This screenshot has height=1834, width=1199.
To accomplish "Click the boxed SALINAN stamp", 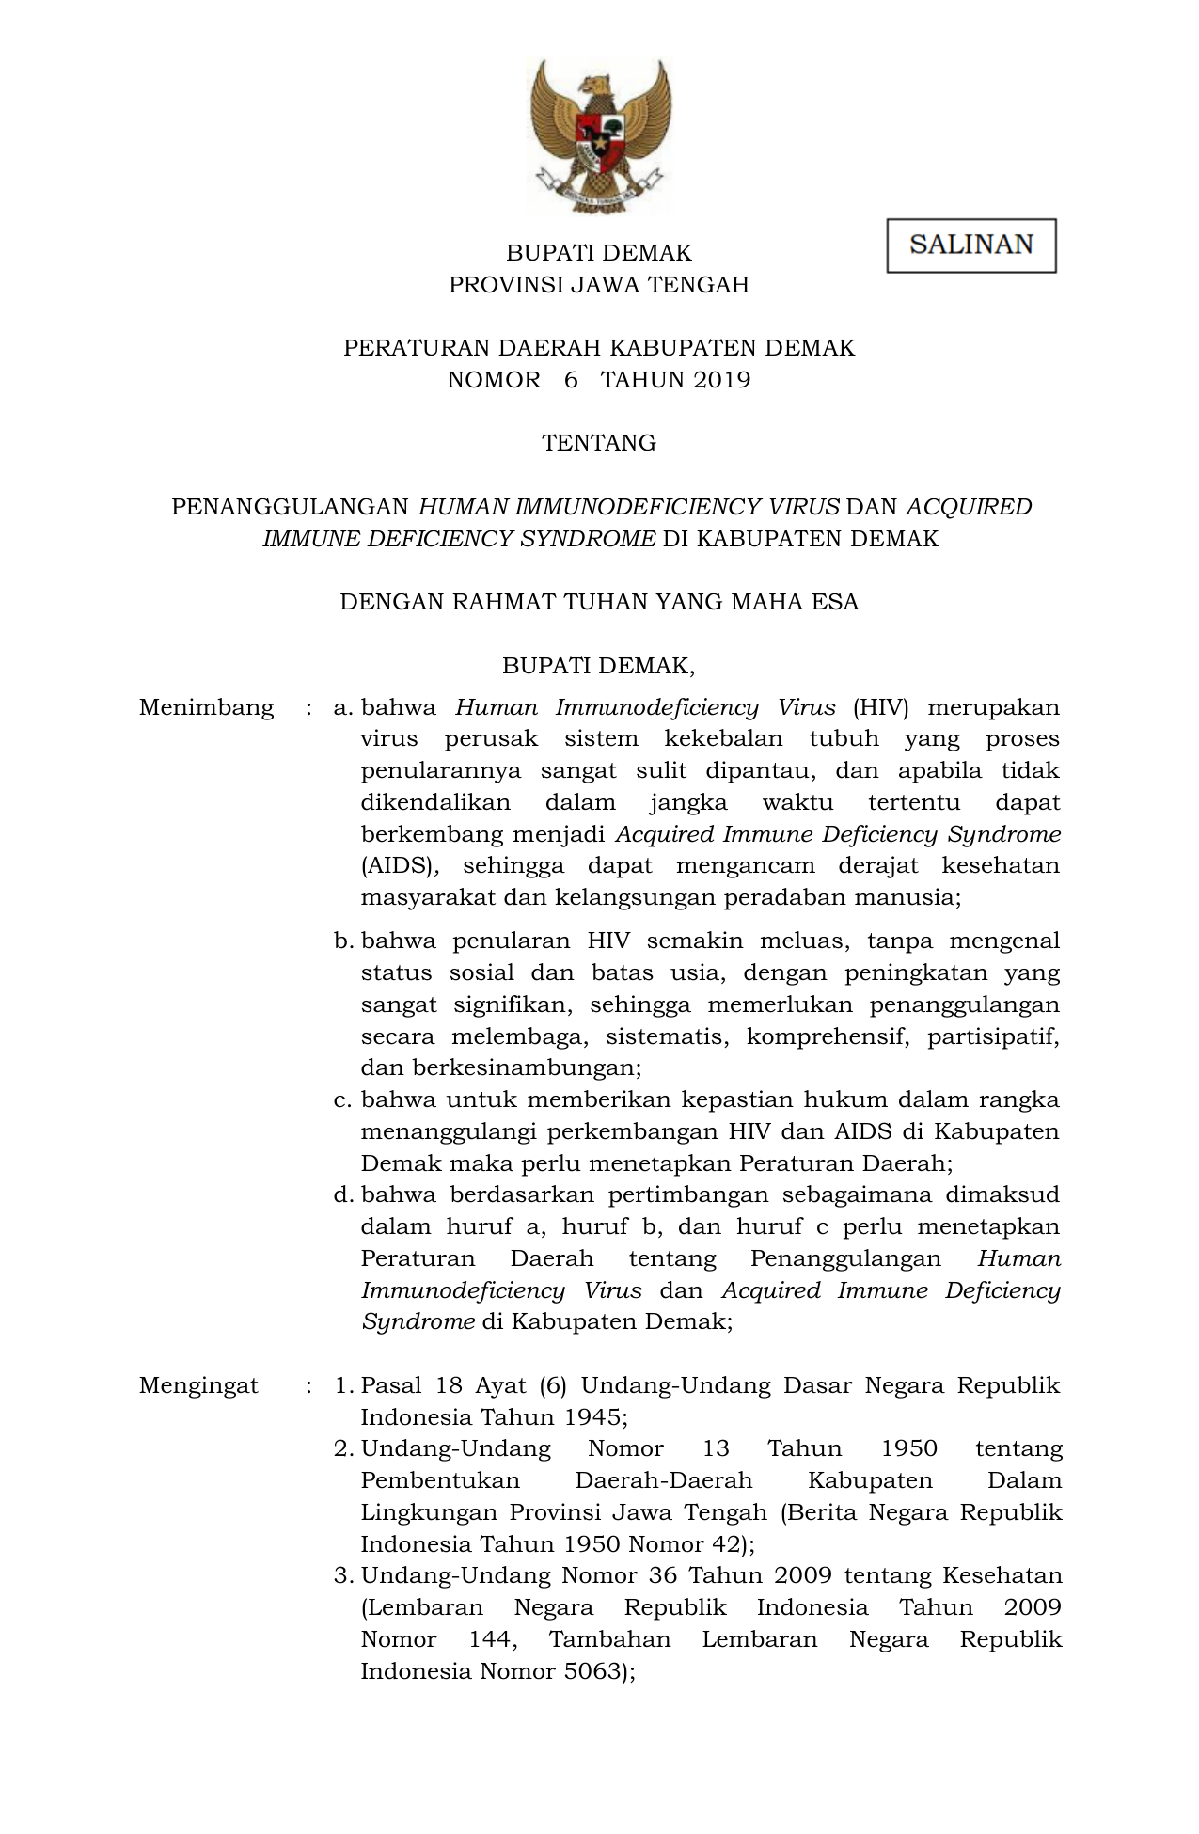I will coord(970,245).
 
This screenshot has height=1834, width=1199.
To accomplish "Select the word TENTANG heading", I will coord(599,443).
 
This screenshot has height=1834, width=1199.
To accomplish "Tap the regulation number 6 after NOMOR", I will coord(571,380).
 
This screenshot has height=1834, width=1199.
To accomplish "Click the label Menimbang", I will coord(207,707).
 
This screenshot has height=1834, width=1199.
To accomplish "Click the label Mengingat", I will coord(198,1385).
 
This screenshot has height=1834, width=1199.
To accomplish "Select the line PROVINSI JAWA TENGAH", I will coord(599,285).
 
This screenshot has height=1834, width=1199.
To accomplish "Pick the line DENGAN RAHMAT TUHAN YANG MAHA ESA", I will coord(599,602).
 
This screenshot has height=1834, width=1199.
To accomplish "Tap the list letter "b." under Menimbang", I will coord(343,941).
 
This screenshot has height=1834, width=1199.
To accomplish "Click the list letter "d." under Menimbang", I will coord(343,1195).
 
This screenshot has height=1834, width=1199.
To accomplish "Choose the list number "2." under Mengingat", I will coord(343,1448).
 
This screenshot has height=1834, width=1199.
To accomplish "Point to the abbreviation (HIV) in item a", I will coord(880,707).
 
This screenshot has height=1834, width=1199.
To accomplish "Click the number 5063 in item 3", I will coord(589,1671).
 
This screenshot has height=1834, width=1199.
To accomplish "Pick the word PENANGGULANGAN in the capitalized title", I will coord(290,507).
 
